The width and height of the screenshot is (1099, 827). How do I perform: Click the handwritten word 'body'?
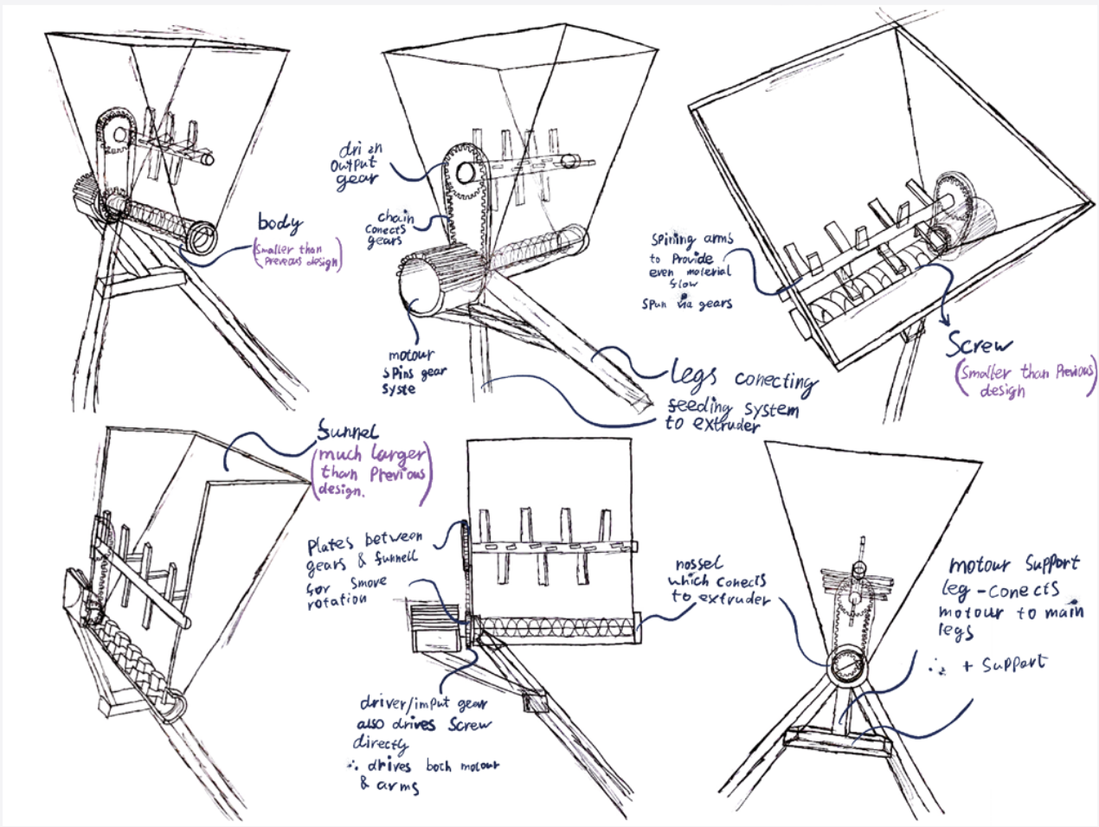click(279, 222)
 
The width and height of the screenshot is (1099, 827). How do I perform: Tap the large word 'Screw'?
click(978, 345)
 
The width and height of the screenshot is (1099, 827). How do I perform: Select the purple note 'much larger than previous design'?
click(370, 473)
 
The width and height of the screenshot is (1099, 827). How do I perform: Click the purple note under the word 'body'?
click(297, 257)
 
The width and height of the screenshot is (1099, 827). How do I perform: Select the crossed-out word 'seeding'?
click(698, 406)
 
